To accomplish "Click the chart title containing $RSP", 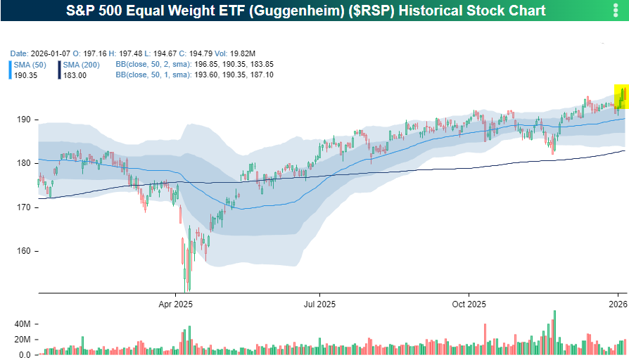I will pyautogui.click(x=305, y=11).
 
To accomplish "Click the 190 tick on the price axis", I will pyautogui.click(x=24, y=120).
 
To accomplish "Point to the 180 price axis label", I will pyautogui.click(x=24, y=163).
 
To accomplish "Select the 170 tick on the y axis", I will pyautogui.click(x=24, y=207).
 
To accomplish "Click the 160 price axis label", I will pyautogui.click(x=24, y=251).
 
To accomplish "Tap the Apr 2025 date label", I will pyautogui.click(x=175, y=304).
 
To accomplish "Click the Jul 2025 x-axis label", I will pyautogui.click(x=319, y=304).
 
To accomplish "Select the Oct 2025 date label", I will pyautogui.click(x=469, y=304).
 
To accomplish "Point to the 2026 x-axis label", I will pyautogui.click(x=618, y=304).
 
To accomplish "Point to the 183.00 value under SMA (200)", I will pyautogui.click(x=75, y=75).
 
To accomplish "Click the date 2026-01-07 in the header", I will pyautogui.click(x=49, y=53).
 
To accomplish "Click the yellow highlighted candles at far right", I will pyautogui.click(x=622, y=96).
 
